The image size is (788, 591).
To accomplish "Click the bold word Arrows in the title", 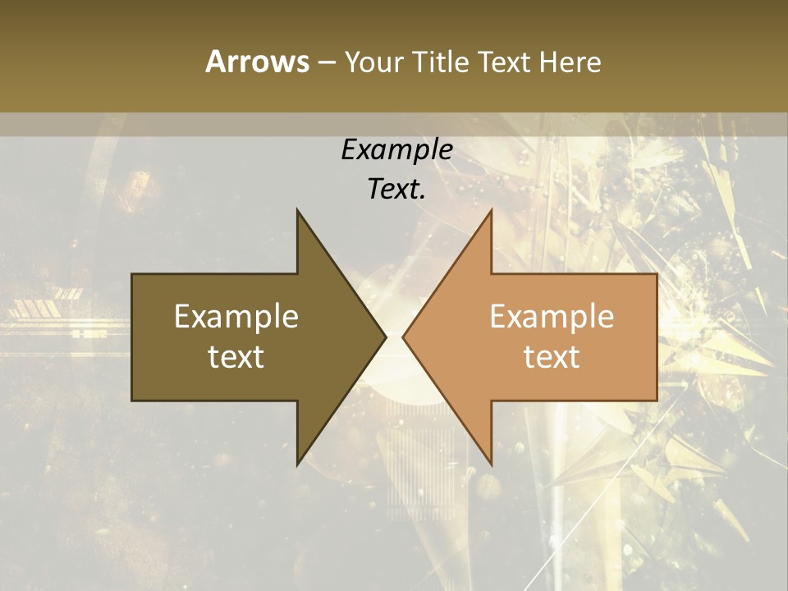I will (257, 62).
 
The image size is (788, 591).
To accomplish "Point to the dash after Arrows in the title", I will (326, 63).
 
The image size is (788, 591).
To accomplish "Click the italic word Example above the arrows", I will (397, 150).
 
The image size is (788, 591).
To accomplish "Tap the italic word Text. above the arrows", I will (397, 189).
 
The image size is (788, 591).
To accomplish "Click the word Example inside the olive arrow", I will (236, 317).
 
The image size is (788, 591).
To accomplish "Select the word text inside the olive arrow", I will (236, 357).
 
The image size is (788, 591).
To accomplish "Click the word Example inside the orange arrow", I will (552, 317).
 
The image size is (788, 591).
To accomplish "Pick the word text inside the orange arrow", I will (552, 357).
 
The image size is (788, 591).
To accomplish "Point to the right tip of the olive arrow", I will (385, 337).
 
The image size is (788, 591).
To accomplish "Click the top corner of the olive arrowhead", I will (298, 211).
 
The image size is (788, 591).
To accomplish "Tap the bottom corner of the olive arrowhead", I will (298, 464).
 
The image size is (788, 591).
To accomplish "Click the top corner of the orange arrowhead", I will (491, 211).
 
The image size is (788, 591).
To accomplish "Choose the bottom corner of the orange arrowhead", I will (491, 464).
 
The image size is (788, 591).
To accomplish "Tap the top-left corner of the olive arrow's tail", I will (133, 275).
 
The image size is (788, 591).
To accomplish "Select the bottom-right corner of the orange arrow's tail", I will (657, 400).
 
